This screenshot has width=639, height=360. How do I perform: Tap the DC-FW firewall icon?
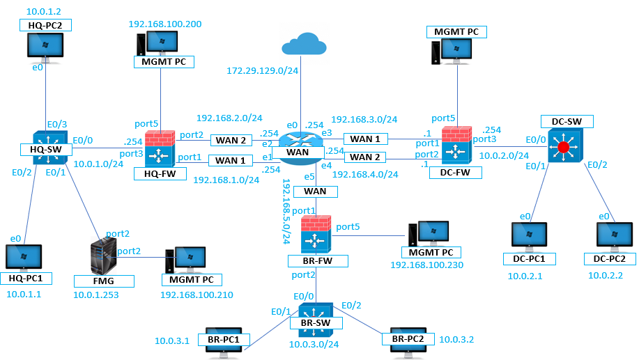click(457, 147)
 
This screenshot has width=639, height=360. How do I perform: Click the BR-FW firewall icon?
click(316, 234)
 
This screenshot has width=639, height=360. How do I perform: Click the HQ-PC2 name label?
click(46, 25)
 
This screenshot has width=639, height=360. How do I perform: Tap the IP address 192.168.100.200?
click(165, 24)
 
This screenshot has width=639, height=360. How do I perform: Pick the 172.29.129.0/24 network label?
click(262, 70)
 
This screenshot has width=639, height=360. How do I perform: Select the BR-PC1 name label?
click(224, 339)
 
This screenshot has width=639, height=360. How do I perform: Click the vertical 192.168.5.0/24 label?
click(286, 210)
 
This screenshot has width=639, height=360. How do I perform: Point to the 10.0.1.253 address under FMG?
click(97, 295)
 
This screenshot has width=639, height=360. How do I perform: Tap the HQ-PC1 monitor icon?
click(24, 258)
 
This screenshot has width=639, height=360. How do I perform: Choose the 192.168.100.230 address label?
click(426, 265)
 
